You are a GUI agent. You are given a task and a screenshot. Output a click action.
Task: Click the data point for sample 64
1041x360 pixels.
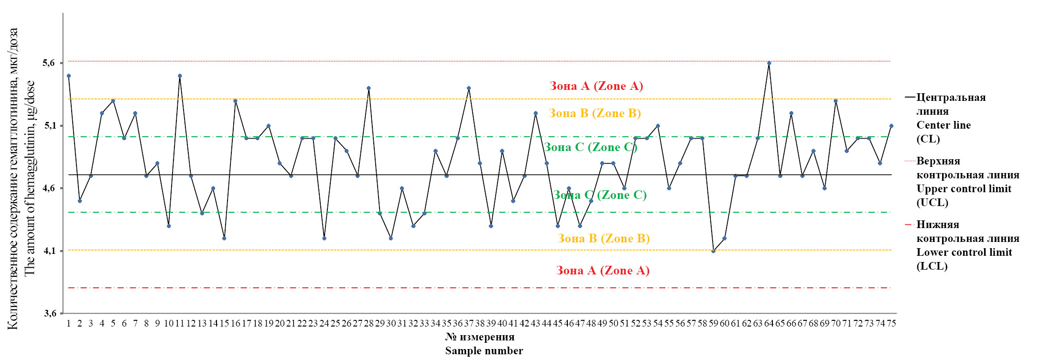tap(769, 63)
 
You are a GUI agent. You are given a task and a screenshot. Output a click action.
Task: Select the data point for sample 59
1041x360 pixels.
tap(714, 251)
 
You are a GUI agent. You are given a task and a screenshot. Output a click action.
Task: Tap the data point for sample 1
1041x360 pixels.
tap(69, 76)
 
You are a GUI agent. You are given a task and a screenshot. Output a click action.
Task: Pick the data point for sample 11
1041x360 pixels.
tap(180, 76)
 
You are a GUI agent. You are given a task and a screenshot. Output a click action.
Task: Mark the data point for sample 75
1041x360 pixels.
tap(891, 126)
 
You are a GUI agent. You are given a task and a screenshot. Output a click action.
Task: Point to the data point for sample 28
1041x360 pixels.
tap(369, 88)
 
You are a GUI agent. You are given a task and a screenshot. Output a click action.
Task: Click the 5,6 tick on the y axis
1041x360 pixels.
tap(49, 63)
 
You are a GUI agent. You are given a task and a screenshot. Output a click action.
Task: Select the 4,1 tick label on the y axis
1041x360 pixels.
tap(49, 251)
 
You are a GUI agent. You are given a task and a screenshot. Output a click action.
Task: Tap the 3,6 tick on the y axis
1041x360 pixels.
tap(49, 313)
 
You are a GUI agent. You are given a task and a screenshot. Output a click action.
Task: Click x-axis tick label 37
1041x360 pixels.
tap(468, 324)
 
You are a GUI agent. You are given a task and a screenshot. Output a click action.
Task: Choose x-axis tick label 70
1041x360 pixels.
tap(835, 324)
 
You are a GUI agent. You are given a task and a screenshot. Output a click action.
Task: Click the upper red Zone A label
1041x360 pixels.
tap(596, 86)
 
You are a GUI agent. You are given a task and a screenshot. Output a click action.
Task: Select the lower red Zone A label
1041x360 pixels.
tap(603, 271)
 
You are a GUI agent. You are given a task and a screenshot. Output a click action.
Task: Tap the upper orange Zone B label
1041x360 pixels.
tap(595, 113)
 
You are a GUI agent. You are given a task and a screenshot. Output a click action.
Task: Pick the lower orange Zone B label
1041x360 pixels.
tap(604, 239)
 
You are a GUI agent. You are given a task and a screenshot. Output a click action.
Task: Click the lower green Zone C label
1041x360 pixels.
tap(600, 195)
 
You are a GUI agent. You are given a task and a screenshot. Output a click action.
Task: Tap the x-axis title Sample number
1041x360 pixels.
tap(484, 351)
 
